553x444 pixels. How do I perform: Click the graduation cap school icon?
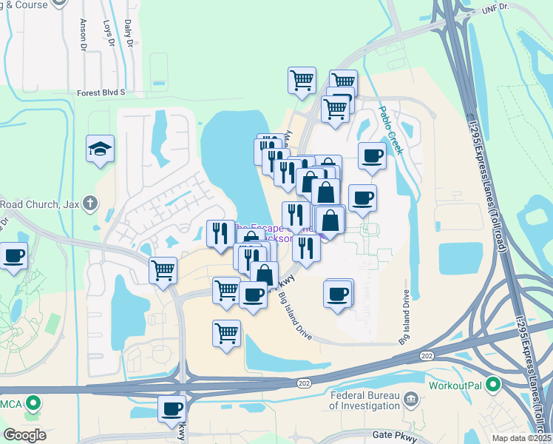(x=100, y=149)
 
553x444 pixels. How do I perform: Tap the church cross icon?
(x=89, y=203)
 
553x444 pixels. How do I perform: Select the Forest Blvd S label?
(x=101, y=93)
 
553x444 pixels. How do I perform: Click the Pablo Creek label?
(x=390, y=129)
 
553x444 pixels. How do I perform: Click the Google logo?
(x=24, y=434)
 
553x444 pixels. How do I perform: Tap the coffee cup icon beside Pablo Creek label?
(x=372, y=155)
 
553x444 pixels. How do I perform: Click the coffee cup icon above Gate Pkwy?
(x=172, y=408)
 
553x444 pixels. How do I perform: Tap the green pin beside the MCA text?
(x=33, y=404)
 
